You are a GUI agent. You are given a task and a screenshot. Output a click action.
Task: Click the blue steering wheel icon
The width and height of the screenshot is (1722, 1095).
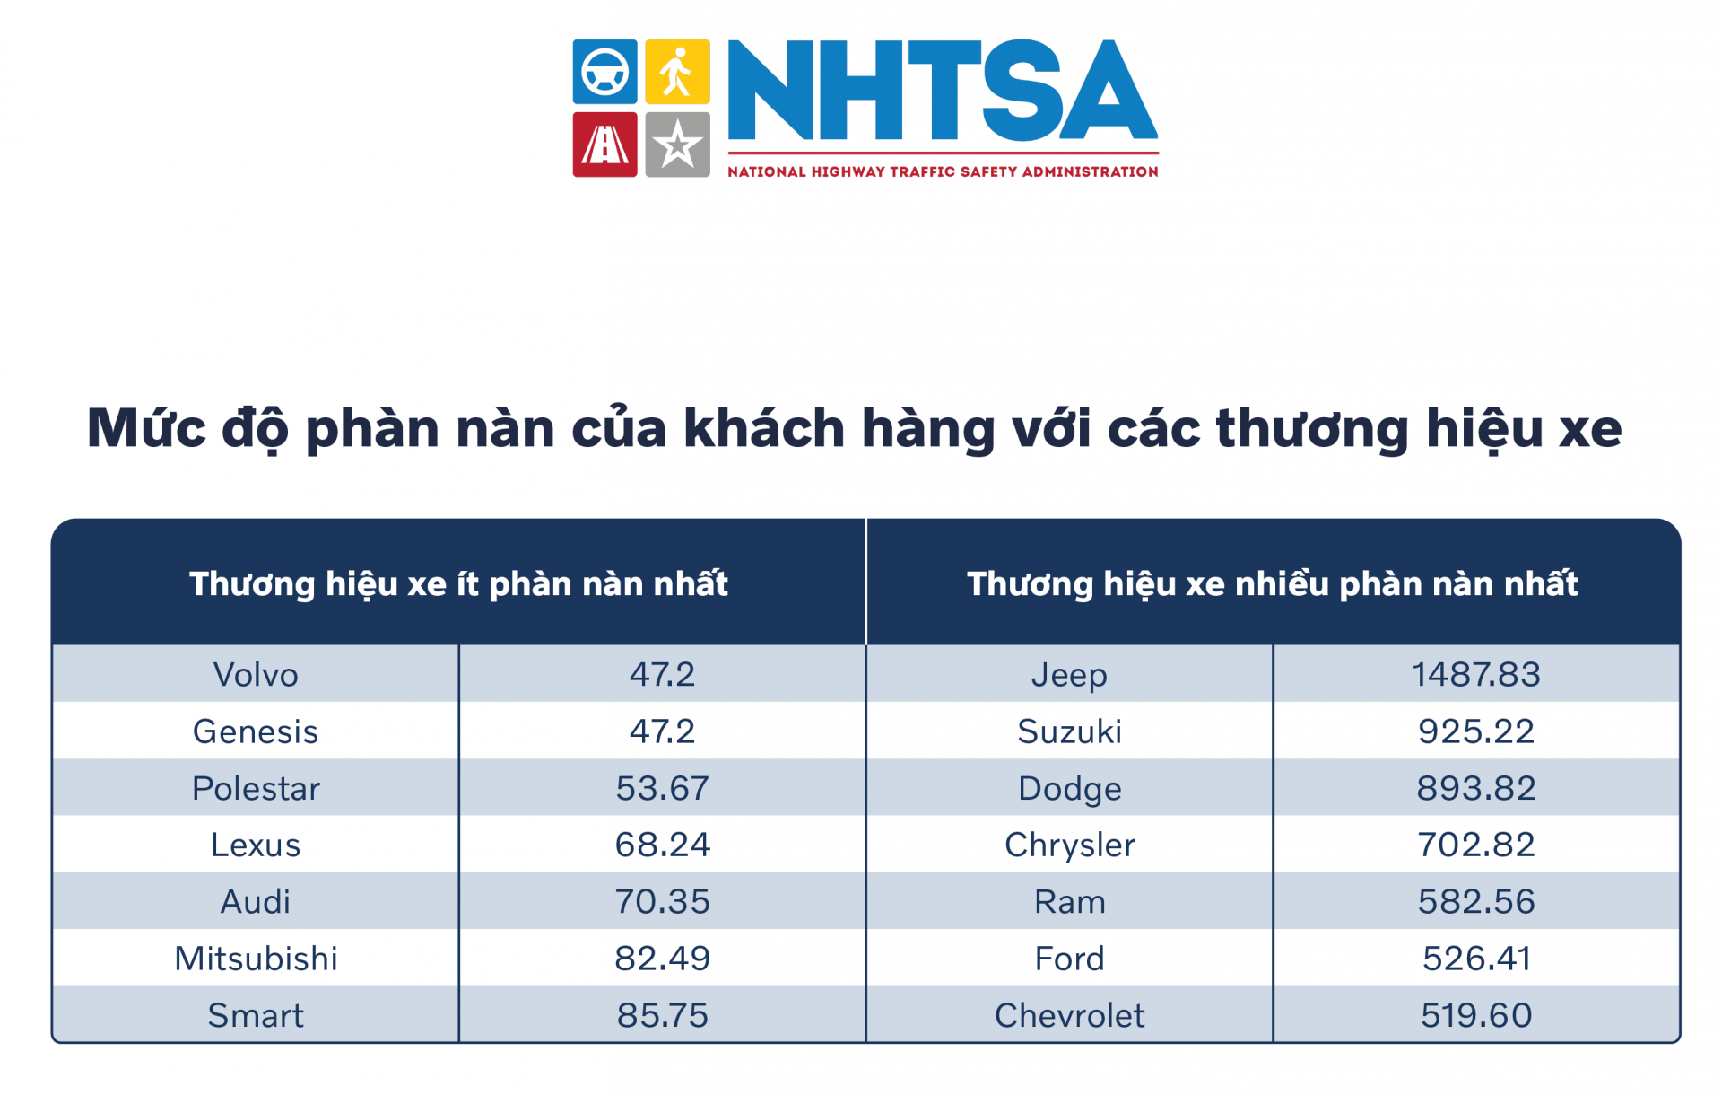tap(605, 72)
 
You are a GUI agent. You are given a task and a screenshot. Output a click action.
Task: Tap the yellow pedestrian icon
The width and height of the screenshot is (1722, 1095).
tap(677, 72)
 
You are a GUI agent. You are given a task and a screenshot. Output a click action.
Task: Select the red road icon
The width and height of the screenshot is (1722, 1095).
tap(605, 145)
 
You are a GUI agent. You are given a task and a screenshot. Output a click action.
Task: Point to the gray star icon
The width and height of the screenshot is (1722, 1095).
tap(677, 145)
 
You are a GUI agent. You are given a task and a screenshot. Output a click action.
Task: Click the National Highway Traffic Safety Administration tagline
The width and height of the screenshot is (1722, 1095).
tap(943, 171)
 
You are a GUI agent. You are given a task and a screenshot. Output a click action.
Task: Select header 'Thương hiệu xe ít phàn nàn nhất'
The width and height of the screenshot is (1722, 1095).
tap(458, 584)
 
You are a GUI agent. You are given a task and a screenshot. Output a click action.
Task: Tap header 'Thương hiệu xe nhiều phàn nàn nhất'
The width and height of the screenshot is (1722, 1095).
tap(1272, 584)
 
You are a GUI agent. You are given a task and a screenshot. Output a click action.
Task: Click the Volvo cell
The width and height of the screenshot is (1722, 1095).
tap(256, 674)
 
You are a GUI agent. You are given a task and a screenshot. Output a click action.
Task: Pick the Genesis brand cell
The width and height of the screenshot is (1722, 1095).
tap(256, 731)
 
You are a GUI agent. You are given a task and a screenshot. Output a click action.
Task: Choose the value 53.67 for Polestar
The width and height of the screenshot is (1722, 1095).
tap(662, 788)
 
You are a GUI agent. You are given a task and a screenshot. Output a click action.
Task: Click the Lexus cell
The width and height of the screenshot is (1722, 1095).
tap(256, 845)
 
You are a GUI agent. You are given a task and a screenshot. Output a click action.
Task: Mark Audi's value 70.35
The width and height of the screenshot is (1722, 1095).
tap(662, 901)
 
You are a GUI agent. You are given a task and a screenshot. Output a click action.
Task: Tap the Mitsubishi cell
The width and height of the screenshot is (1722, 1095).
tap(256, 959)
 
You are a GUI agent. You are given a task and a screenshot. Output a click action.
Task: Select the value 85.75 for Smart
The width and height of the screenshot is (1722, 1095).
tap(662, 1015)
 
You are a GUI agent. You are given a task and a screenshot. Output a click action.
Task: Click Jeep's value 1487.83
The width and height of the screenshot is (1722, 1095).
tap(1476, 674)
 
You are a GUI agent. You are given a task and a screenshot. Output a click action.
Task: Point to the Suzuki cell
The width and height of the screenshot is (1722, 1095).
tap(1069, 731)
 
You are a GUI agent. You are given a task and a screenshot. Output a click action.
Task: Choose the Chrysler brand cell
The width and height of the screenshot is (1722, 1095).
tap(1069, 845)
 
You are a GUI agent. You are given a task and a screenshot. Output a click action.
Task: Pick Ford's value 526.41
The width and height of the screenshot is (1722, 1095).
tap(1476, 959)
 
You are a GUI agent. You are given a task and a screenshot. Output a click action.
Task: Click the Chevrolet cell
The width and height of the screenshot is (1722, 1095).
tap(1069, 1015)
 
